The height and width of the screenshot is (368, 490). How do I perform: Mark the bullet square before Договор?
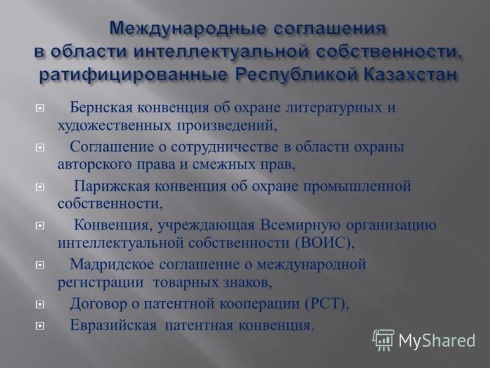40,304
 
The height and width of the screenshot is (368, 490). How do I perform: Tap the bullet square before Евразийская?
40,326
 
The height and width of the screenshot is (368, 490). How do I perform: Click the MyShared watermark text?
437,340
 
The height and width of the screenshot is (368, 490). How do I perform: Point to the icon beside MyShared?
383,339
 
